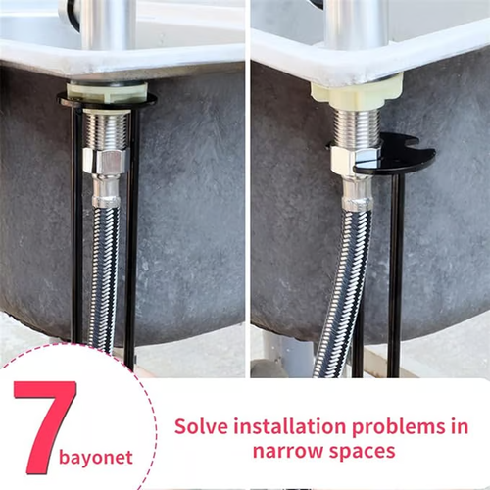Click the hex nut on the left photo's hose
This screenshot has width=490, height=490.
click(103, 162)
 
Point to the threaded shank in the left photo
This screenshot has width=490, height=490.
click(104, 128)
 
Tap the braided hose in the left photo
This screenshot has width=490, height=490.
click(103, 274)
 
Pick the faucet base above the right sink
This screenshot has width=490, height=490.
click(356, 24)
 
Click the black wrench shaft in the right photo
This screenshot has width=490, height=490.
click(395, 274)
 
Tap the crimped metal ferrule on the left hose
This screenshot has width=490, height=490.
click(106, 190)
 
